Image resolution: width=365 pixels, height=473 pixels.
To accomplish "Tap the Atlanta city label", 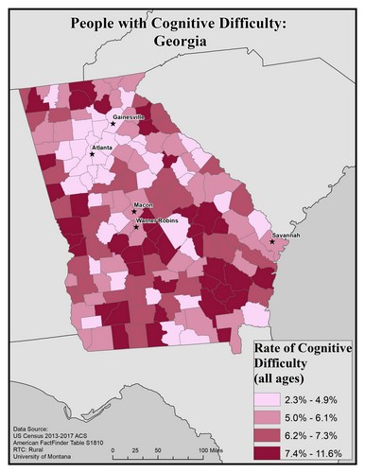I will [101, 149].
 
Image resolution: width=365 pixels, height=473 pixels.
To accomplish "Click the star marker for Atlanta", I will [92, 154].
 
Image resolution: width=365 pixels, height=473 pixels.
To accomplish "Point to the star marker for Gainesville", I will [113, 123].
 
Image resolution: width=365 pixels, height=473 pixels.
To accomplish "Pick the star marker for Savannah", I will [271, 241].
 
